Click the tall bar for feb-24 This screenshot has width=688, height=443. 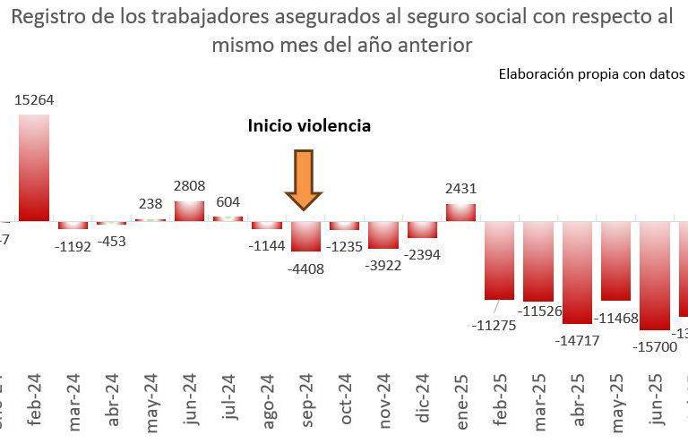pos(35,167)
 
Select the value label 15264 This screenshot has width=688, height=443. pos(35,100)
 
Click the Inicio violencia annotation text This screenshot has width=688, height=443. pos(309,126)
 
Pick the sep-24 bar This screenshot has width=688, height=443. pos(305,236)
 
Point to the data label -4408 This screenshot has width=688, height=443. pos(305,268)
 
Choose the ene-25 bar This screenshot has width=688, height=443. pos(460,212)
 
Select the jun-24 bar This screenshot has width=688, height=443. pos(189,210)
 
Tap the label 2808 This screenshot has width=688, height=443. pos(189,186)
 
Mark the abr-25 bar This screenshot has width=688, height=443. pos(578,272)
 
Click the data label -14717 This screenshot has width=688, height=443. pos(578,340)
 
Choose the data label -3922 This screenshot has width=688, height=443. pos(384,265)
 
